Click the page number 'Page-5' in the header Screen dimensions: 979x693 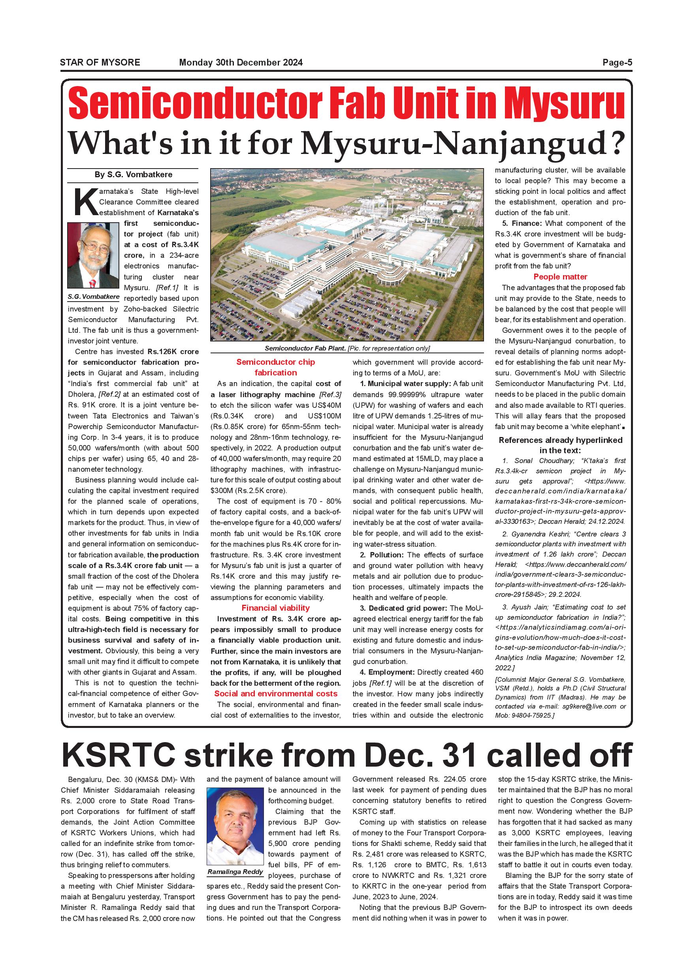[617, 63]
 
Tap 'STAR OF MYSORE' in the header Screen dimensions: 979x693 [100, 63]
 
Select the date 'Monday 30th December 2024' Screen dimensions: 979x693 [241, 63]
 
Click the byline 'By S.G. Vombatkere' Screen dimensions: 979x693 [133, 174]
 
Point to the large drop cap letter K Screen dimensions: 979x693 [85, 202]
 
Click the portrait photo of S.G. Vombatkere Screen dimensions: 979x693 [93, 255]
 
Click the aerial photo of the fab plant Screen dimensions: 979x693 [346, 255]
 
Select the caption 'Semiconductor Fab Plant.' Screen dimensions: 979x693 [305, 348]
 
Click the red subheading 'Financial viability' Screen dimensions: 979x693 [276, 608]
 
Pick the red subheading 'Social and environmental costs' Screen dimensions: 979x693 [276, 694]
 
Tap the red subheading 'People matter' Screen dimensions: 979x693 [560, 277]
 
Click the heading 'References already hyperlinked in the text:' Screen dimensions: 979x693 [560, 445]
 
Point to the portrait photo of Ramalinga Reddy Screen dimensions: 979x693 [235, 826]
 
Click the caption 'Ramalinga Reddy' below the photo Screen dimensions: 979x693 [235, 872]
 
